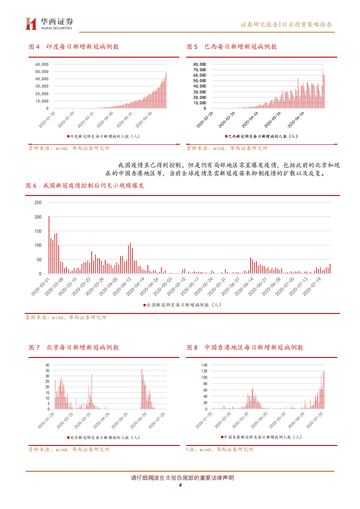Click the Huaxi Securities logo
pos(49,24)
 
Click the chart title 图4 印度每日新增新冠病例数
pos(74,47)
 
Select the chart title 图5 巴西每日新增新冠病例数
pos(232,47)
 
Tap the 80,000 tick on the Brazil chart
pos(200,64)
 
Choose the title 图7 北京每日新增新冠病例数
pos(74,347)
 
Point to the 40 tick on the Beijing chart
pos(47,365)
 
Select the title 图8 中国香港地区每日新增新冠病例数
pos(245,347)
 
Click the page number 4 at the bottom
pos(180,486)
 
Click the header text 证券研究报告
pos(259,24)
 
